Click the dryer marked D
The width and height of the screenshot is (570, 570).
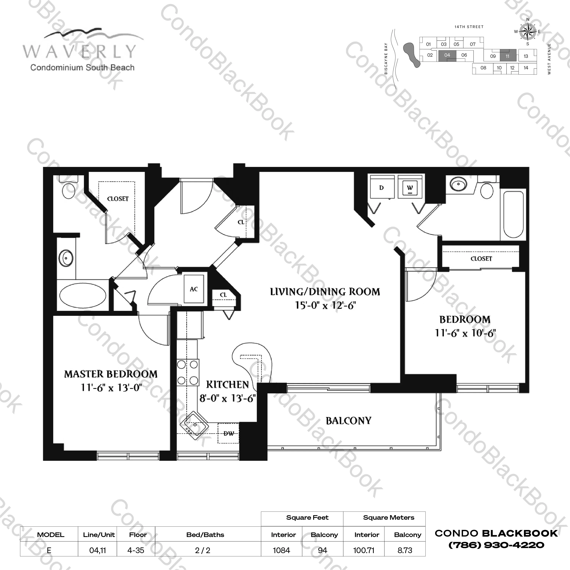[x=382, y=187]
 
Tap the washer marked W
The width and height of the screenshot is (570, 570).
[x=410, y=187]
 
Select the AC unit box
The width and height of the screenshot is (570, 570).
[x=194, y=289]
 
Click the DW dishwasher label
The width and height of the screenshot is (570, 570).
[x=228, y=433]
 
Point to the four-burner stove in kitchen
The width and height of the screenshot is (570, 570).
[x=188, y=373]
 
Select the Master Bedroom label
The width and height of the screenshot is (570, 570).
[x=111, y=374]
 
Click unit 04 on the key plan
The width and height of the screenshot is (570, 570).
[x=447, y=55]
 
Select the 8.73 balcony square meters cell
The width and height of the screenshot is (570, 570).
[x=405, y=550]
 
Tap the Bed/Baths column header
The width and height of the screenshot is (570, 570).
[x=205, y=535]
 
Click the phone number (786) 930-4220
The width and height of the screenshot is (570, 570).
[x=497, y=545]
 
